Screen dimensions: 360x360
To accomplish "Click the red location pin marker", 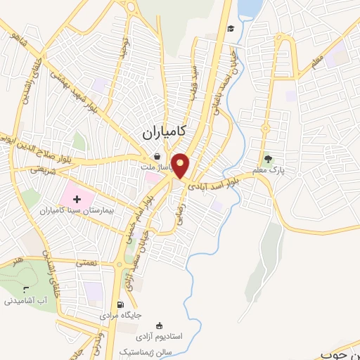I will coord(181,164).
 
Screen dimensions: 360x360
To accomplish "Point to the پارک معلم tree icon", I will coord(267,158).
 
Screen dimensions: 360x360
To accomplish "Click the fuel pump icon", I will coord(120,305).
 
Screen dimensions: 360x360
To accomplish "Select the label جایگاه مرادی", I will coord(127,316).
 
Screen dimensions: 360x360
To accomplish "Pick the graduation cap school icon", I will coord(231,29).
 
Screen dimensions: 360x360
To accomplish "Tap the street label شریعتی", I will coord(42,169).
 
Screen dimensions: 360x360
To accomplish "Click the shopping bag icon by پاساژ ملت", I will coord(157,156).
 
